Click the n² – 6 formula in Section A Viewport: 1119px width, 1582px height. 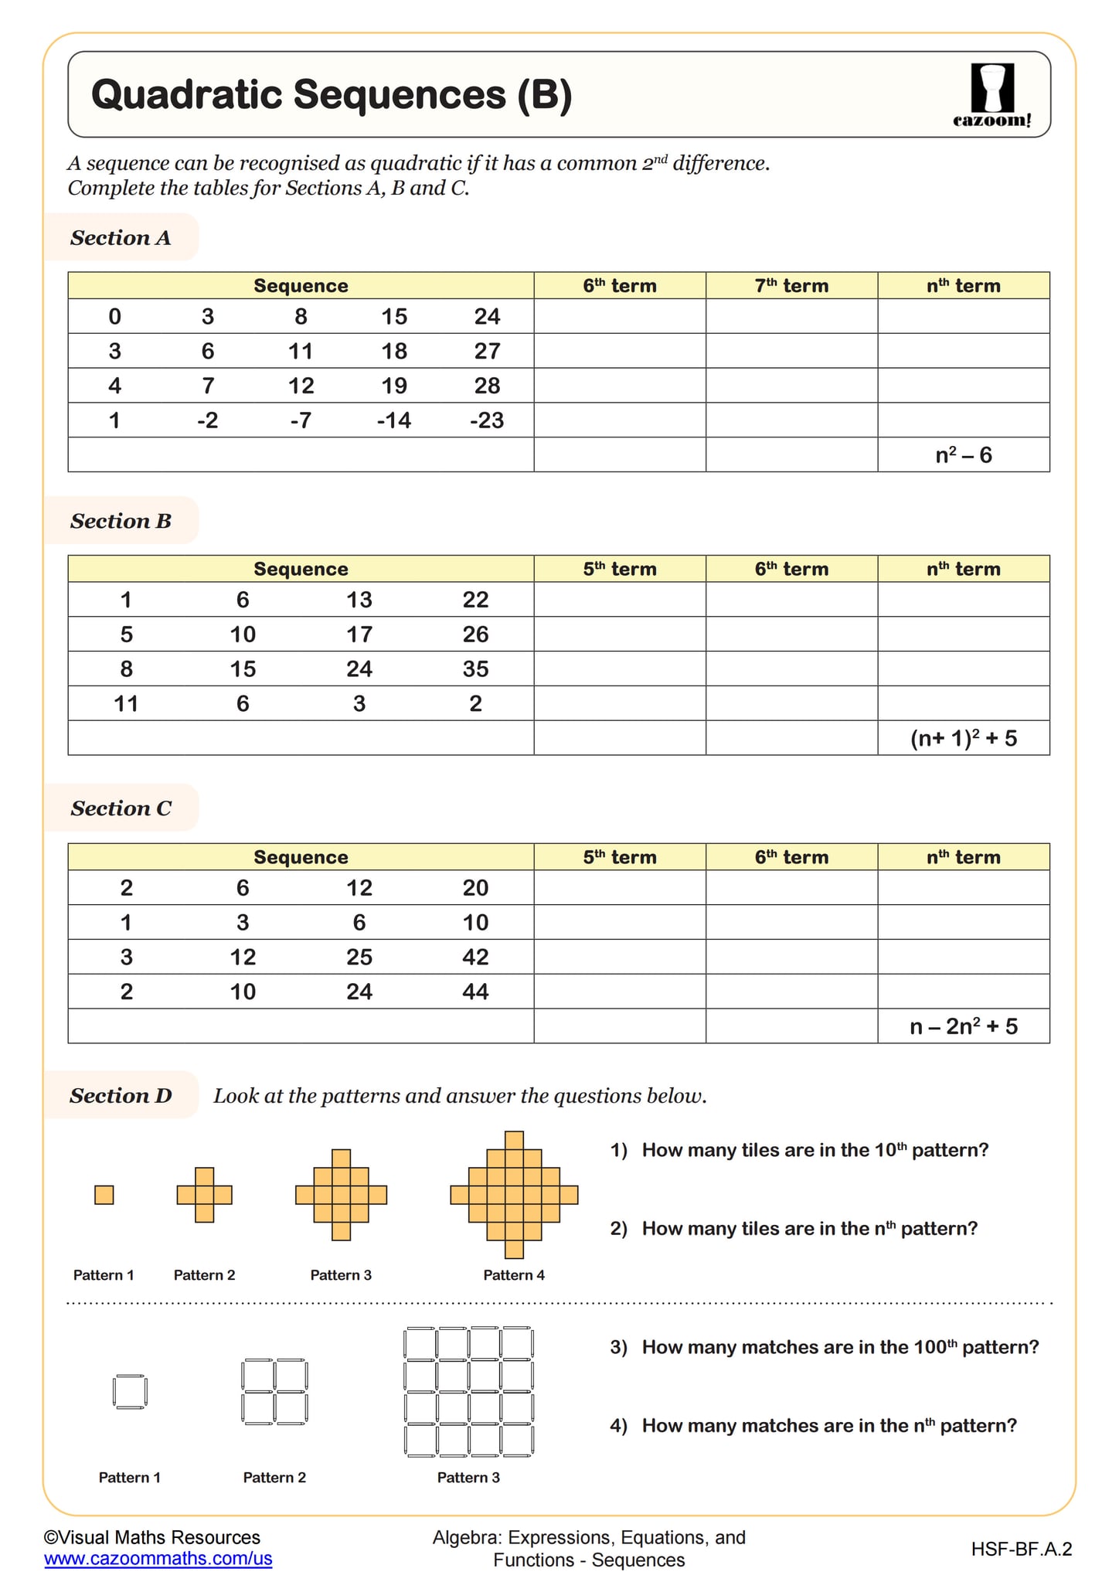tap(963, 455)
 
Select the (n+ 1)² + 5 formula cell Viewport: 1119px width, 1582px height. tap(963, 738)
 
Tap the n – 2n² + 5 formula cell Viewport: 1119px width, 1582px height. tap(963, 1026)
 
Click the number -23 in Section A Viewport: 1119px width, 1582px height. tap(487, 420)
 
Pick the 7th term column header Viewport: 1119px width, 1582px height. tap(791, 286)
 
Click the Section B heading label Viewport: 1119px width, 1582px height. tap(121, 521)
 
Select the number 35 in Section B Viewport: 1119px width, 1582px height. tap(475, 669)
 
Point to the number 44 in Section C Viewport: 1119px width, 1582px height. tap(475, 992)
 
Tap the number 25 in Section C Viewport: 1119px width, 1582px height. tap(359, 957)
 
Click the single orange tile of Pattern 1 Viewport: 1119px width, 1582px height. tap(104, 1195)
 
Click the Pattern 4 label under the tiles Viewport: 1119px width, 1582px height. tap(514, 1275)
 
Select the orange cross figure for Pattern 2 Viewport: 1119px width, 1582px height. tap(204, 1195)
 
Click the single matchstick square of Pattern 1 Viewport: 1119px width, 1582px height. tap(130, 1392)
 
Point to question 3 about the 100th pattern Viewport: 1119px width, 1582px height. tap(824, 1347)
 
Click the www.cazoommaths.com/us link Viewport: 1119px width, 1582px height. tap(158, 1559)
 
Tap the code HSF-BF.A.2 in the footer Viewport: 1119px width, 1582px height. tap(1021, 1549)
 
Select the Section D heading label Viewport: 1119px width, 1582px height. tap(121, 1096)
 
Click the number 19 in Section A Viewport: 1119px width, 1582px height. tap(394, 386)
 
